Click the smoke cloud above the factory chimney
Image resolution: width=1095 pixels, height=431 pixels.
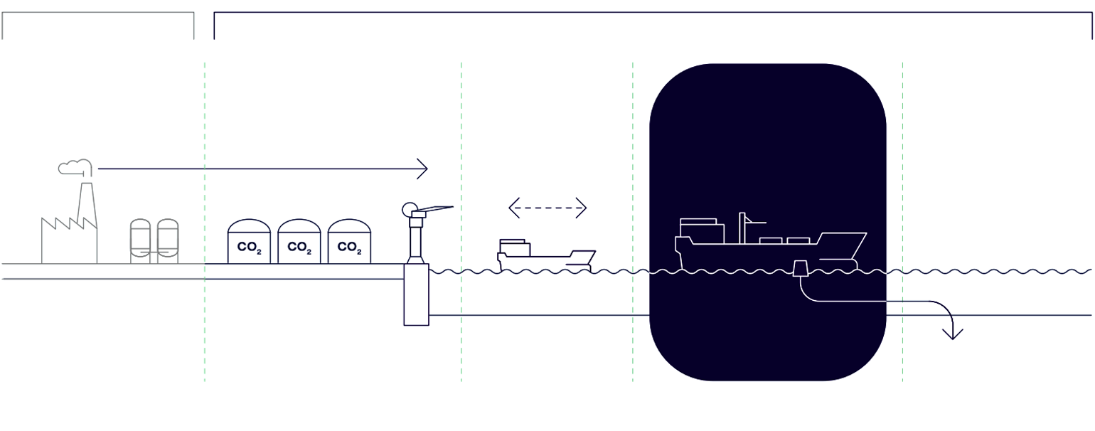coord(74,168)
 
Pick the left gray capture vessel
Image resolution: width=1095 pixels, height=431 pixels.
coord(141,241)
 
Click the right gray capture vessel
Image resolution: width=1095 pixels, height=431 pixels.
coord(168,241)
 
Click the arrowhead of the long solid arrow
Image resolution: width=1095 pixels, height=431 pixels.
coord(423,169)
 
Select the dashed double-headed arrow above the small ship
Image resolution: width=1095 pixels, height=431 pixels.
coord(547,208)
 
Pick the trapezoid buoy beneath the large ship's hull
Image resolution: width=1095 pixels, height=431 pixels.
coord(800,269)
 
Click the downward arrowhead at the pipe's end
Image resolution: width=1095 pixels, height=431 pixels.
coord(953,332)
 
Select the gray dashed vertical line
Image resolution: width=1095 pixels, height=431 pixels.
coord(902,213)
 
